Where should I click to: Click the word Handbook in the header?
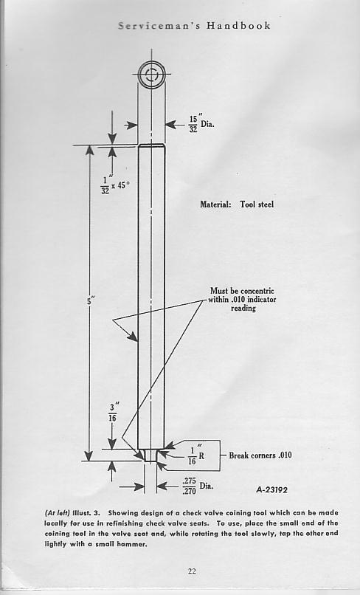(x=238, y=26)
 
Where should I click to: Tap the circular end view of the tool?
(x=151, y=74)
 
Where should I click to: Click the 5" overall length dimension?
(x=90, y=301)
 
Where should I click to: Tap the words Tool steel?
(x=257, y=204)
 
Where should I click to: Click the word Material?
(x=215, y=204)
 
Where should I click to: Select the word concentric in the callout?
(x=256, y=291)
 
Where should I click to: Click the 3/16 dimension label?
(x=113, y=413)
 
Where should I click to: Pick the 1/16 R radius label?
(x=196, y=455)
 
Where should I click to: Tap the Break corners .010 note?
(x=260, y=455)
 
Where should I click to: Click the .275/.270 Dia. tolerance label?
(x=197, y=486)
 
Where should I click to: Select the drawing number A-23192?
(x=271, y=490)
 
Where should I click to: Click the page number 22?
(x=192, y=571)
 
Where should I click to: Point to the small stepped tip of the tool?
(x=150, y=455)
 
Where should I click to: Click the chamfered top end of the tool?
(x=151, y=145)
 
